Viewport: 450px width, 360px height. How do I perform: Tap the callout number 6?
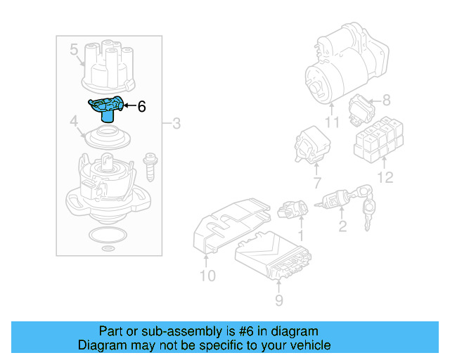click(x=141, y=107)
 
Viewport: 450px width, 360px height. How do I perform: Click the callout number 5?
click(x=74, y=50)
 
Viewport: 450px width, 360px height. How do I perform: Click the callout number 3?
click(x=176, y=124)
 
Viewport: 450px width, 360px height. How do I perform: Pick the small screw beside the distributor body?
click(x=149, y=168)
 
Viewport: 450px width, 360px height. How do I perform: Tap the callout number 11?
click(x=332, y=122)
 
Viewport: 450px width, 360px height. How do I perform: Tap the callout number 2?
click(x=342, y=226)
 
